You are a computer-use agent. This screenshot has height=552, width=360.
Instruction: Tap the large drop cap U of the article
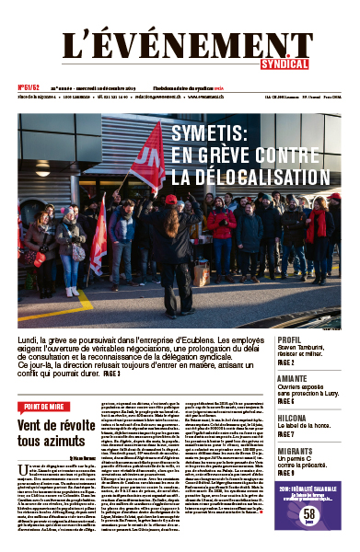point(23,445)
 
